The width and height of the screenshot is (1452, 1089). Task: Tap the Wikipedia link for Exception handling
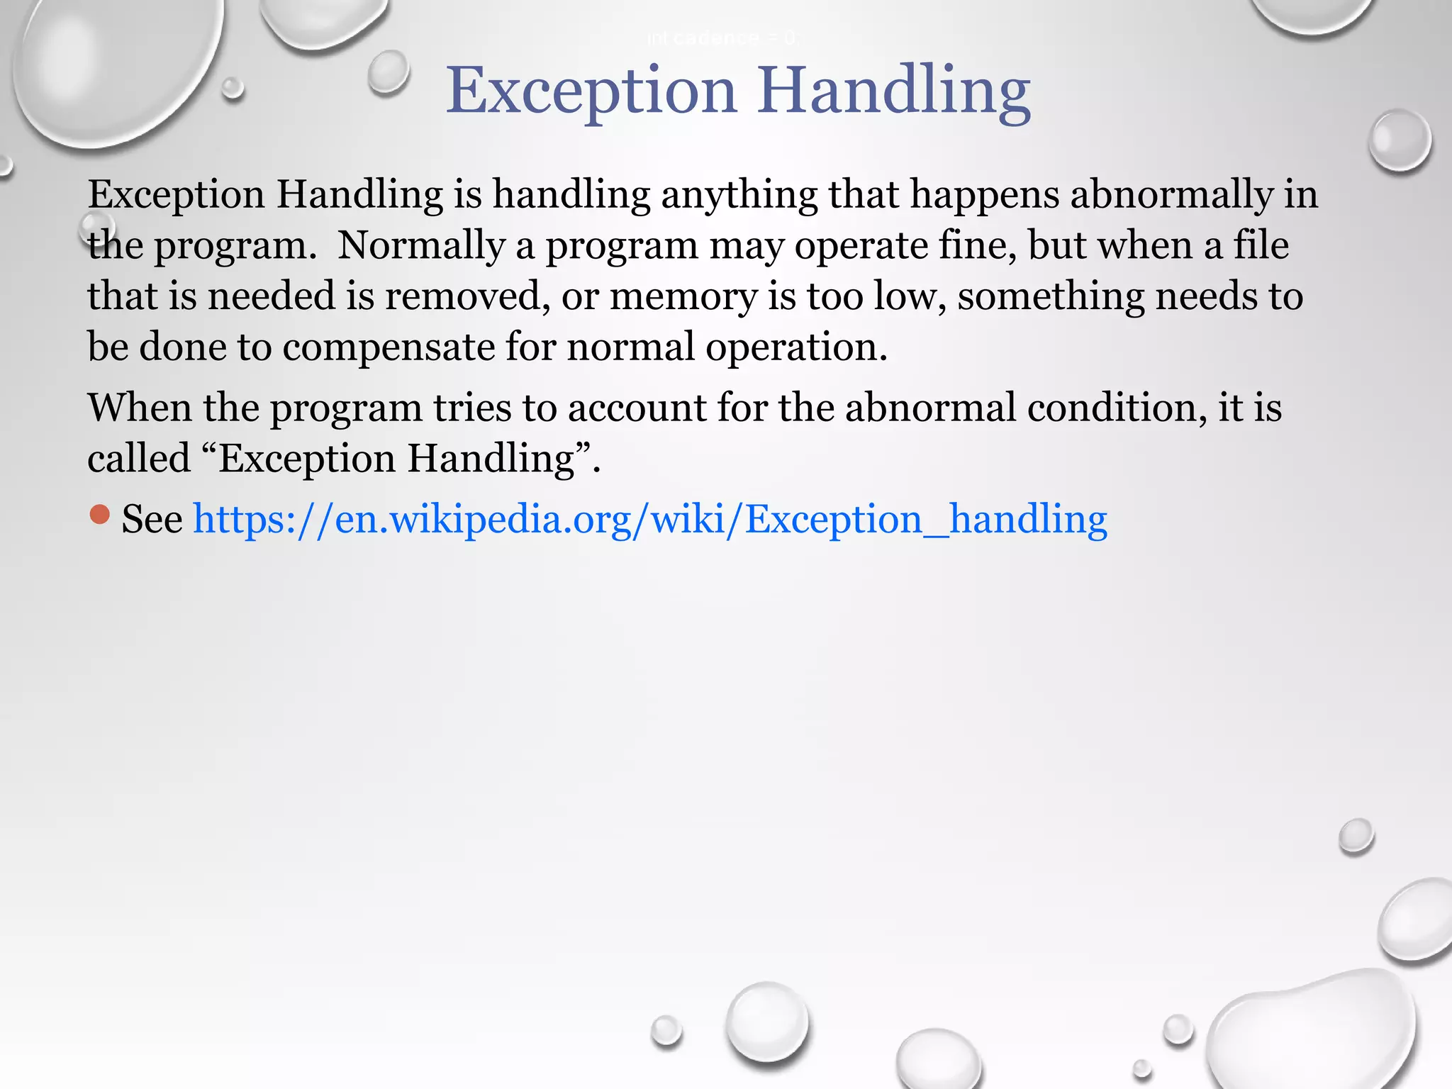[x=650, y=519]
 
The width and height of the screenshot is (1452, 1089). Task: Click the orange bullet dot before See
[x=100, y=515]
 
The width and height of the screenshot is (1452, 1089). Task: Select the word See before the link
[x=152, y=519]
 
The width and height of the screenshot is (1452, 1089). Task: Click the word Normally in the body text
[x=421, y=245]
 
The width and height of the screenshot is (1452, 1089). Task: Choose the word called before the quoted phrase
[x=139, y=458]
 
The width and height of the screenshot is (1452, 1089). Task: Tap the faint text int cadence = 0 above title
[x=722, y=38]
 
